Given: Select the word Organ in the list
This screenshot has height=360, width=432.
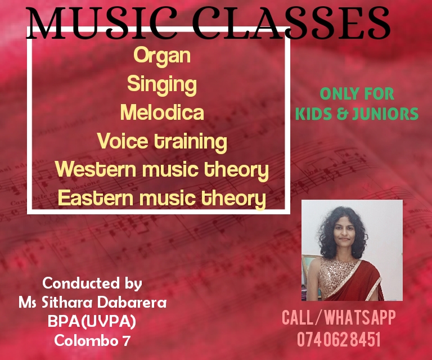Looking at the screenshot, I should [x=162, y=56].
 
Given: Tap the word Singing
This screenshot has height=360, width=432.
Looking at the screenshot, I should [x=162, y=84].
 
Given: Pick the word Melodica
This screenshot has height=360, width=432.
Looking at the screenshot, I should [x=162, y=112].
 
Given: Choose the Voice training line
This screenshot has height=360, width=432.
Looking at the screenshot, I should [x=162, y=141].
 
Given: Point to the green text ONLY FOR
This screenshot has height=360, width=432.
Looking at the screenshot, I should [x=357, y=94].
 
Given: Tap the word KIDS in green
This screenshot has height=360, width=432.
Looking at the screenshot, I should [x=314, y=114].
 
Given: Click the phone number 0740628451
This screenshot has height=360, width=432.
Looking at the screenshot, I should [x=339, y=339].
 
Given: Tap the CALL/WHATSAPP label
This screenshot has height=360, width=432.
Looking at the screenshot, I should [x=339, y=317].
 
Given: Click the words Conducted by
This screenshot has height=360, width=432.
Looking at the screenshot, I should [x=92, y=282].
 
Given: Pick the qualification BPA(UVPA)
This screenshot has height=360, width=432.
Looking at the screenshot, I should [x=92, y=322].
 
